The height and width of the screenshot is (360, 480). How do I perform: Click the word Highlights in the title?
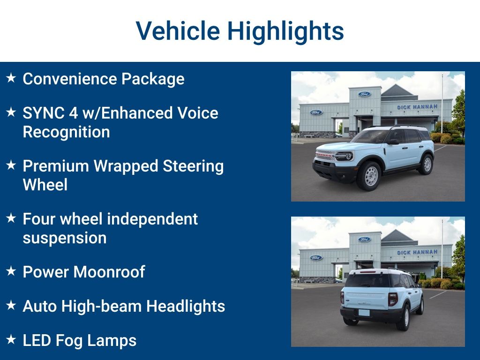[285, 31]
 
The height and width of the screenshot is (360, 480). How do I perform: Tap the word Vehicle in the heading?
[178, 31]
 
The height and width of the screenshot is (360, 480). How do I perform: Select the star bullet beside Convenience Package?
[11, 78]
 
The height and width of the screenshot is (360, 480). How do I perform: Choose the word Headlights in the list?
[186, 306]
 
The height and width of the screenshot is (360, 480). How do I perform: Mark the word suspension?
[65, 238]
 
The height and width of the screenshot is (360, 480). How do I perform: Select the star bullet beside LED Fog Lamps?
[11, 339]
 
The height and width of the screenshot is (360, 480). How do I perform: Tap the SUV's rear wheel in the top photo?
[426, 164]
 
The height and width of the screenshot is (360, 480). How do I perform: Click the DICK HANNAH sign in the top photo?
[417, 107]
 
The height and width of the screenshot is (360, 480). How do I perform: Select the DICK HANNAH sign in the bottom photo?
[417, 252]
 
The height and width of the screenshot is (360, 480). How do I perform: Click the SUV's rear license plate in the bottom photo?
[364, 313]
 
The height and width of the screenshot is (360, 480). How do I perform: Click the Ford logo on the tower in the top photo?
[364, 94]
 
